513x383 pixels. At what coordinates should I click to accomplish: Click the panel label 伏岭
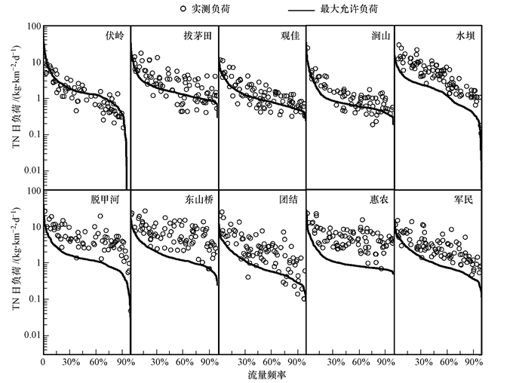115,35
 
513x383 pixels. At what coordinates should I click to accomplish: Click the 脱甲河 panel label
106,200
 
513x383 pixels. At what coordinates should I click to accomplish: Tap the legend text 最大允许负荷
354,9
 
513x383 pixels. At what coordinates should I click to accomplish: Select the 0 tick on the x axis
43,362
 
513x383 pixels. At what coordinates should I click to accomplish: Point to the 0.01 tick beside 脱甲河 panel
30,335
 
